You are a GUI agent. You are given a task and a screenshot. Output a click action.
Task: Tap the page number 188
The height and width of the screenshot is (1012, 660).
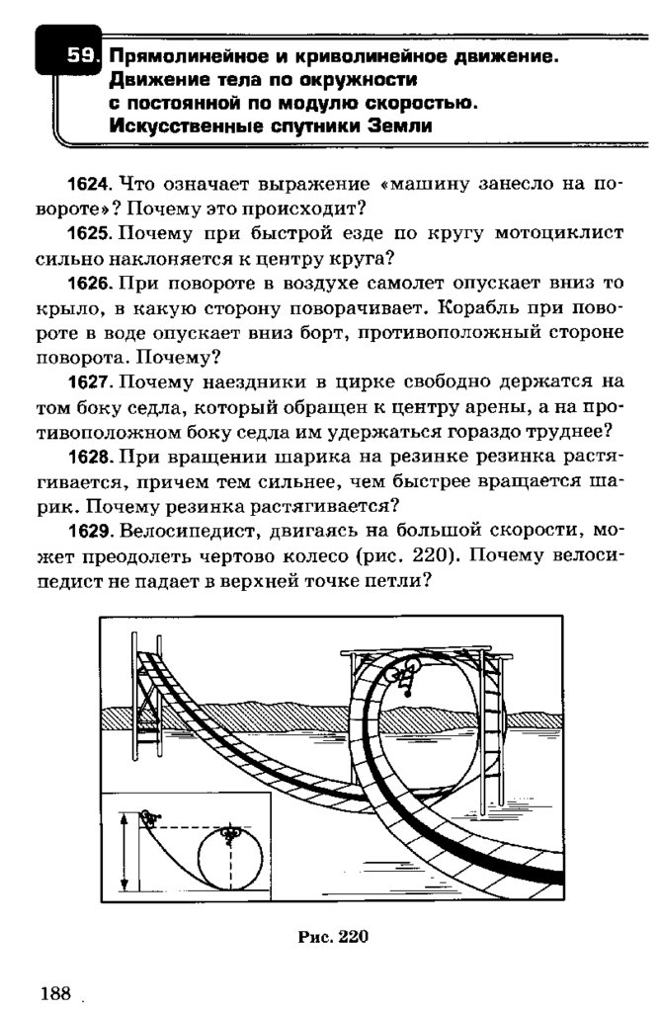pyautogui.click(x=55, y=992)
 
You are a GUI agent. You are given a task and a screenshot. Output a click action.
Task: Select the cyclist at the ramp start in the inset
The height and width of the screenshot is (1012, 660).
pyautogui.click(x=150, y=816)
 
